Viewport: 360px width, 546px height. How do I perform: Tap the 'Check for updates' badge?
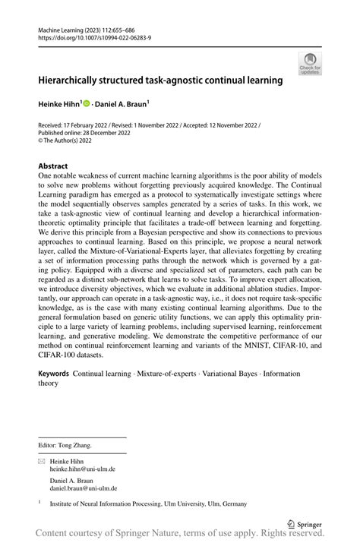tap(311, 64)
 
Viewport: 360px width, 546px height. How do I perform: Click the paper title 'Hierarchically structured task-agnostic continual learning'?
tap(160, 79)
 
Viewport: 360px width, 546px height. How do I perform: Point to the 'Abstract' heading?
tap(53, 166)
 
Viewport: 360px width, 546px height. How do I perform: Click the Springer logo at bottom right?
tap(306, 523)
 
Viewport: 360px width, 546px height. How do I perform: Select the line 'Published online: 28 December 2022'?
tap(84, 133)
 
